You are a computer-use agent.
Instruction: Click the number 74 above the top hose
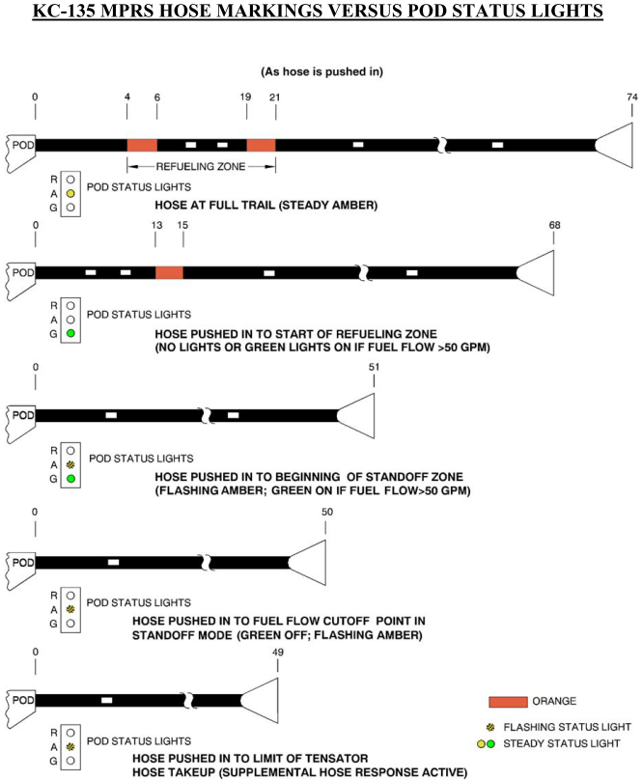[x=632, y=97]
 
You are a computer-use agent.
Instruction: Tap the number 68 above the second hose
[x=554, y=225]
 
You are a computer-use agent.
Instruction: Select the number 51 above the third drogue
[x=374, y=367]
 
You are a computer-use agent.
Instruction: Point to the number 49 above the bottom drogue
[x=278, y=653]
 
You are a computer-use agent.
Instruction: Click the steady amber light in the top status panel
[x=70, y=193]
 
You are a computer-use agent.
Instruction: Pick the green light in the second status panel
[x=70, y=333]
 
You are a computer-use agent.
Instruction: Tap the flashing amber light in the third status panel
[x=70, y=464]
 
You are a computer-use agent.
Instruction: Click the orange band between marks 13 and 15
[x=169, y=272]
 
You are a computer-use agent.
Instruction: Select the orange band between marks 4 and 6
[x=142, y=145]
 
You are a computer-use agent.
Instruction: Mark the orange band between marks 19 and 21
[x=262, y=145]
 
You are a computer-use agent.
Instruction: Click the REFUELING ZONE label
[x=201, y=167]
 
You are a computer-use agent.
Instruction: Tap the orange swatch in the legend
[x=508, y=702]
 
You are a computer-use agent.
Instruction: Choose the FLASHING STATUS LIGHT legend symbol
[x=490, y=727]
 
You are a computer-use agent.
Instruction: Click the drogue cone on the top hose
[x=614, y=145]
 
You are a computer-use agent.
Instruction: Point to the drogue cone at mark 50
[x=307, y=563]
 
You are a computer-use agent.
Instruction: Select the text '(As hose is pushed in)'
[x=322, y=71]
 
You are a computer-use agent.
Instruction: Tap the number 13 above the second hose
[x=156, y=225]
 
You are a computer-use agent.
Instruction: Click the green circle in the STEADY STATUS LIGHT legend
[x=490, y=744]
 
